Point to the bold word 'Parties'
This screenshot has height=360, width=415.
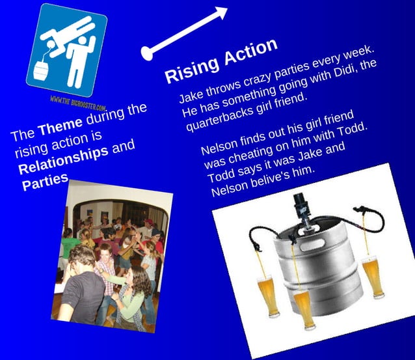pos(45,182)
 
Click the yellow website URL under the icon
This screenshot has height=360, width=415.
pos(78,101)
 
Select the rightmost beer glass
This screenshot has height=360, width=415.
pos(373,274)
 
